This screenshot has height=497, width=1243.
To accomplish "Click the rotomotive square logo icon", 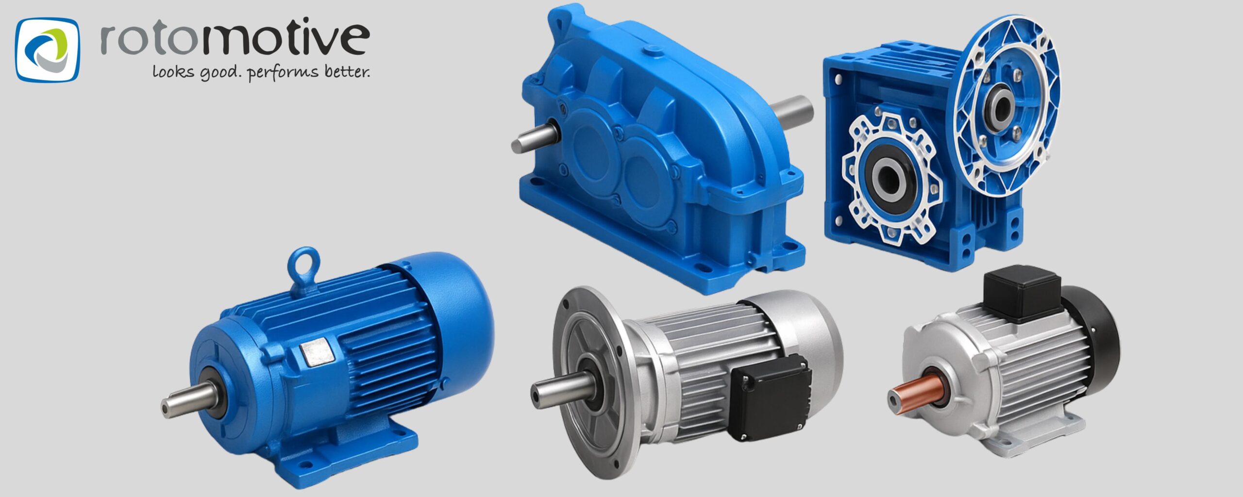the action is click(47, 50).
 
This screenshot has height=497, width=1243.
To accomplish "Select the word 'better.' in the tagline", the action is click(347, 72).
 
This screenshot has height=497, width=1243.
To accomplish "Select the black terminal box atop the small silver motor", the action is click(1021, 293).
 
